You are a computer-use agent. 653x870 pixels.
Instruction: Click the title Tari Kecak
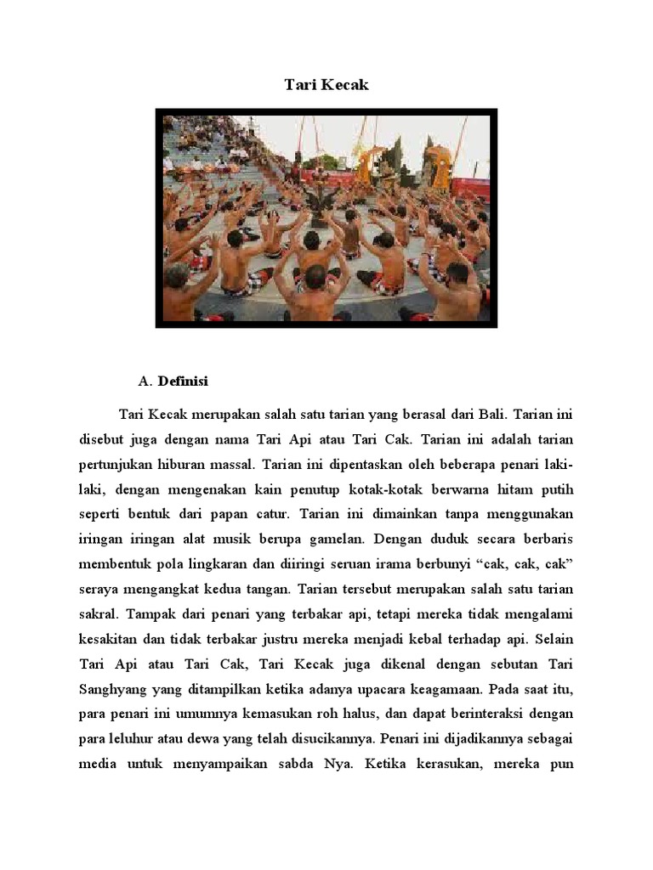click(x=326, y=85)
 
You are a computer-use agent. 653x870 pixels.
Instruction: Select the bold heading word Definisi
click(x=183, y=380)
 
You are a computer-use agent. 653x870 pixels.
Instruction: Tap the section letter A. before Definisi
click(x=144, y=380)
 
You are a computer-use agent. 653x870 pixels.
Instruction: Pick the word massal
click(x=230, y=464)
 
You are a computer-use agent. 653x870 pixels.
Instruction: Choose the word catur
click(x=271, y=513)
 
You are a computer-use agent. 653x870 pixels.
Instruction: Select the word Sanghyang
click(x=109, y=686)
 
